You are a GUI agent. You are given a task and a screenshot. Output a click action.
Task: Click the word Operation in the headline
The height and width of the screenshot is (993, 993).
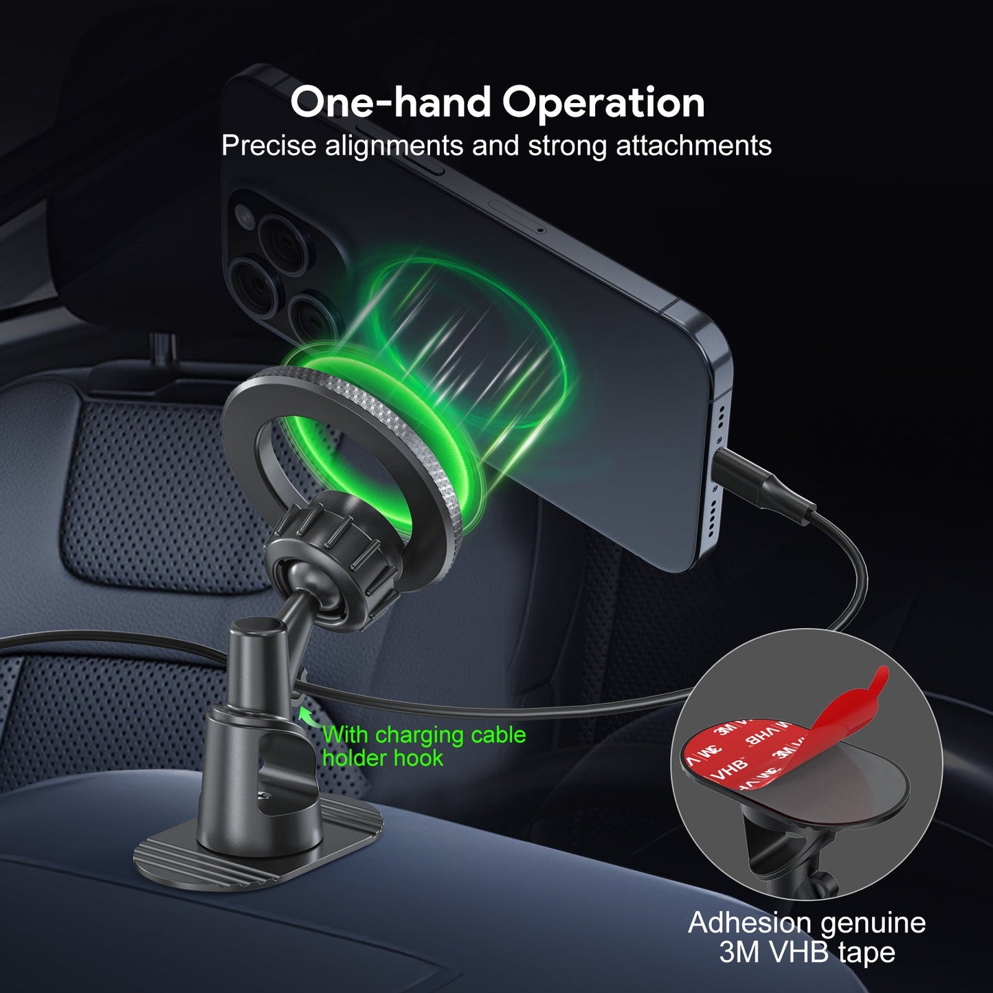[603, 103]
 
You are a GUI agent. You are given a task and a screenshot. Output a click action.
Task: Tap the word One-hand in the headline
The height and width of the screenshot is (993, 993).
[390, 102]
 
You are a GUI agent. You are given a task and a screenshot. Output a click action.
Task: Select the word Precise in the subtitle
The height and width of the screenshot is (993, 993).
[269, 146]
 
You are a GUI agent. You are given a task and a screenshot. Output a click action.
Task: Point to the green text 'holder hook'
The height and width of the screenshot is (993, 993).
[383, 759]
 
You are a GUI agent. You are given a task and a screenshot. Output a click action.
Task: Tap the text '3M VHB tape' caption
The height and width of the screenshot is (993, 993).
[807, 952]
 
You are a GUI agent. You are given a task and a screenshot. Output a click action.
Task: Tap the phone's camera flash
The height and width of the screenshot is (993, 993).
[242, 215]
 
